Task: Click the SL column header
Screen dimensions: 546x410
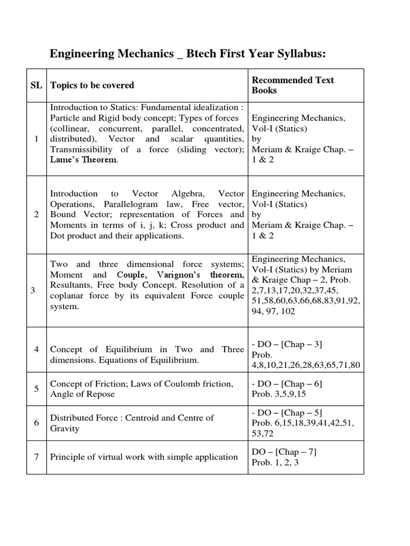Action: click(x=36, y=85)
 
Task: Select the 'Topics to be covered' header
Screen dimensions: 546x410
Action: click(x=92, y=85)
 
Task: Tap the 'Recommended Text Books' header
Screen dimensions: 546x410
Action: click(x=293, y=85)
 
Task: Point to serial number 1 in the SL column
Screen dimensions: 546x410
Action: click(x=36, y=139)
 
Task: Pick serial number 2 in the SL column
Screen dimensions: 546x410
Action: click(x=36, y=214)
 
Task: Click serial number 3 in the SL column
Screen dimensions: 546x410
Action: click(x=33, y=291)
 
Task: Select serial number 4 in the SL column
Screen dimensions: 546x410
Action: click(x=36, y=350)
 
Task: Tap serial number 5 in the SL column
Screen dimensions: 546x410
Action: click(x=36, y=389)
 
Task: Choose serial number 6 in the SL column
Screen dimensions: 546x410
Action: click(x=36, y=423)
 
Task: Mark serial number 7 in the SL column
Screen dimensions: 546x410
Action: click(x=36, y=456)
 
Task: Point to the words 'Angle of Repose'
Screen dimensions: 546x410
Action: click(x=82, y=394)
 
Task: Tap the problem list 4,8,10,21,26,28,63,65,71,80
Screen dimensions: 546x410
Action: click(x=306, y=365)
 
